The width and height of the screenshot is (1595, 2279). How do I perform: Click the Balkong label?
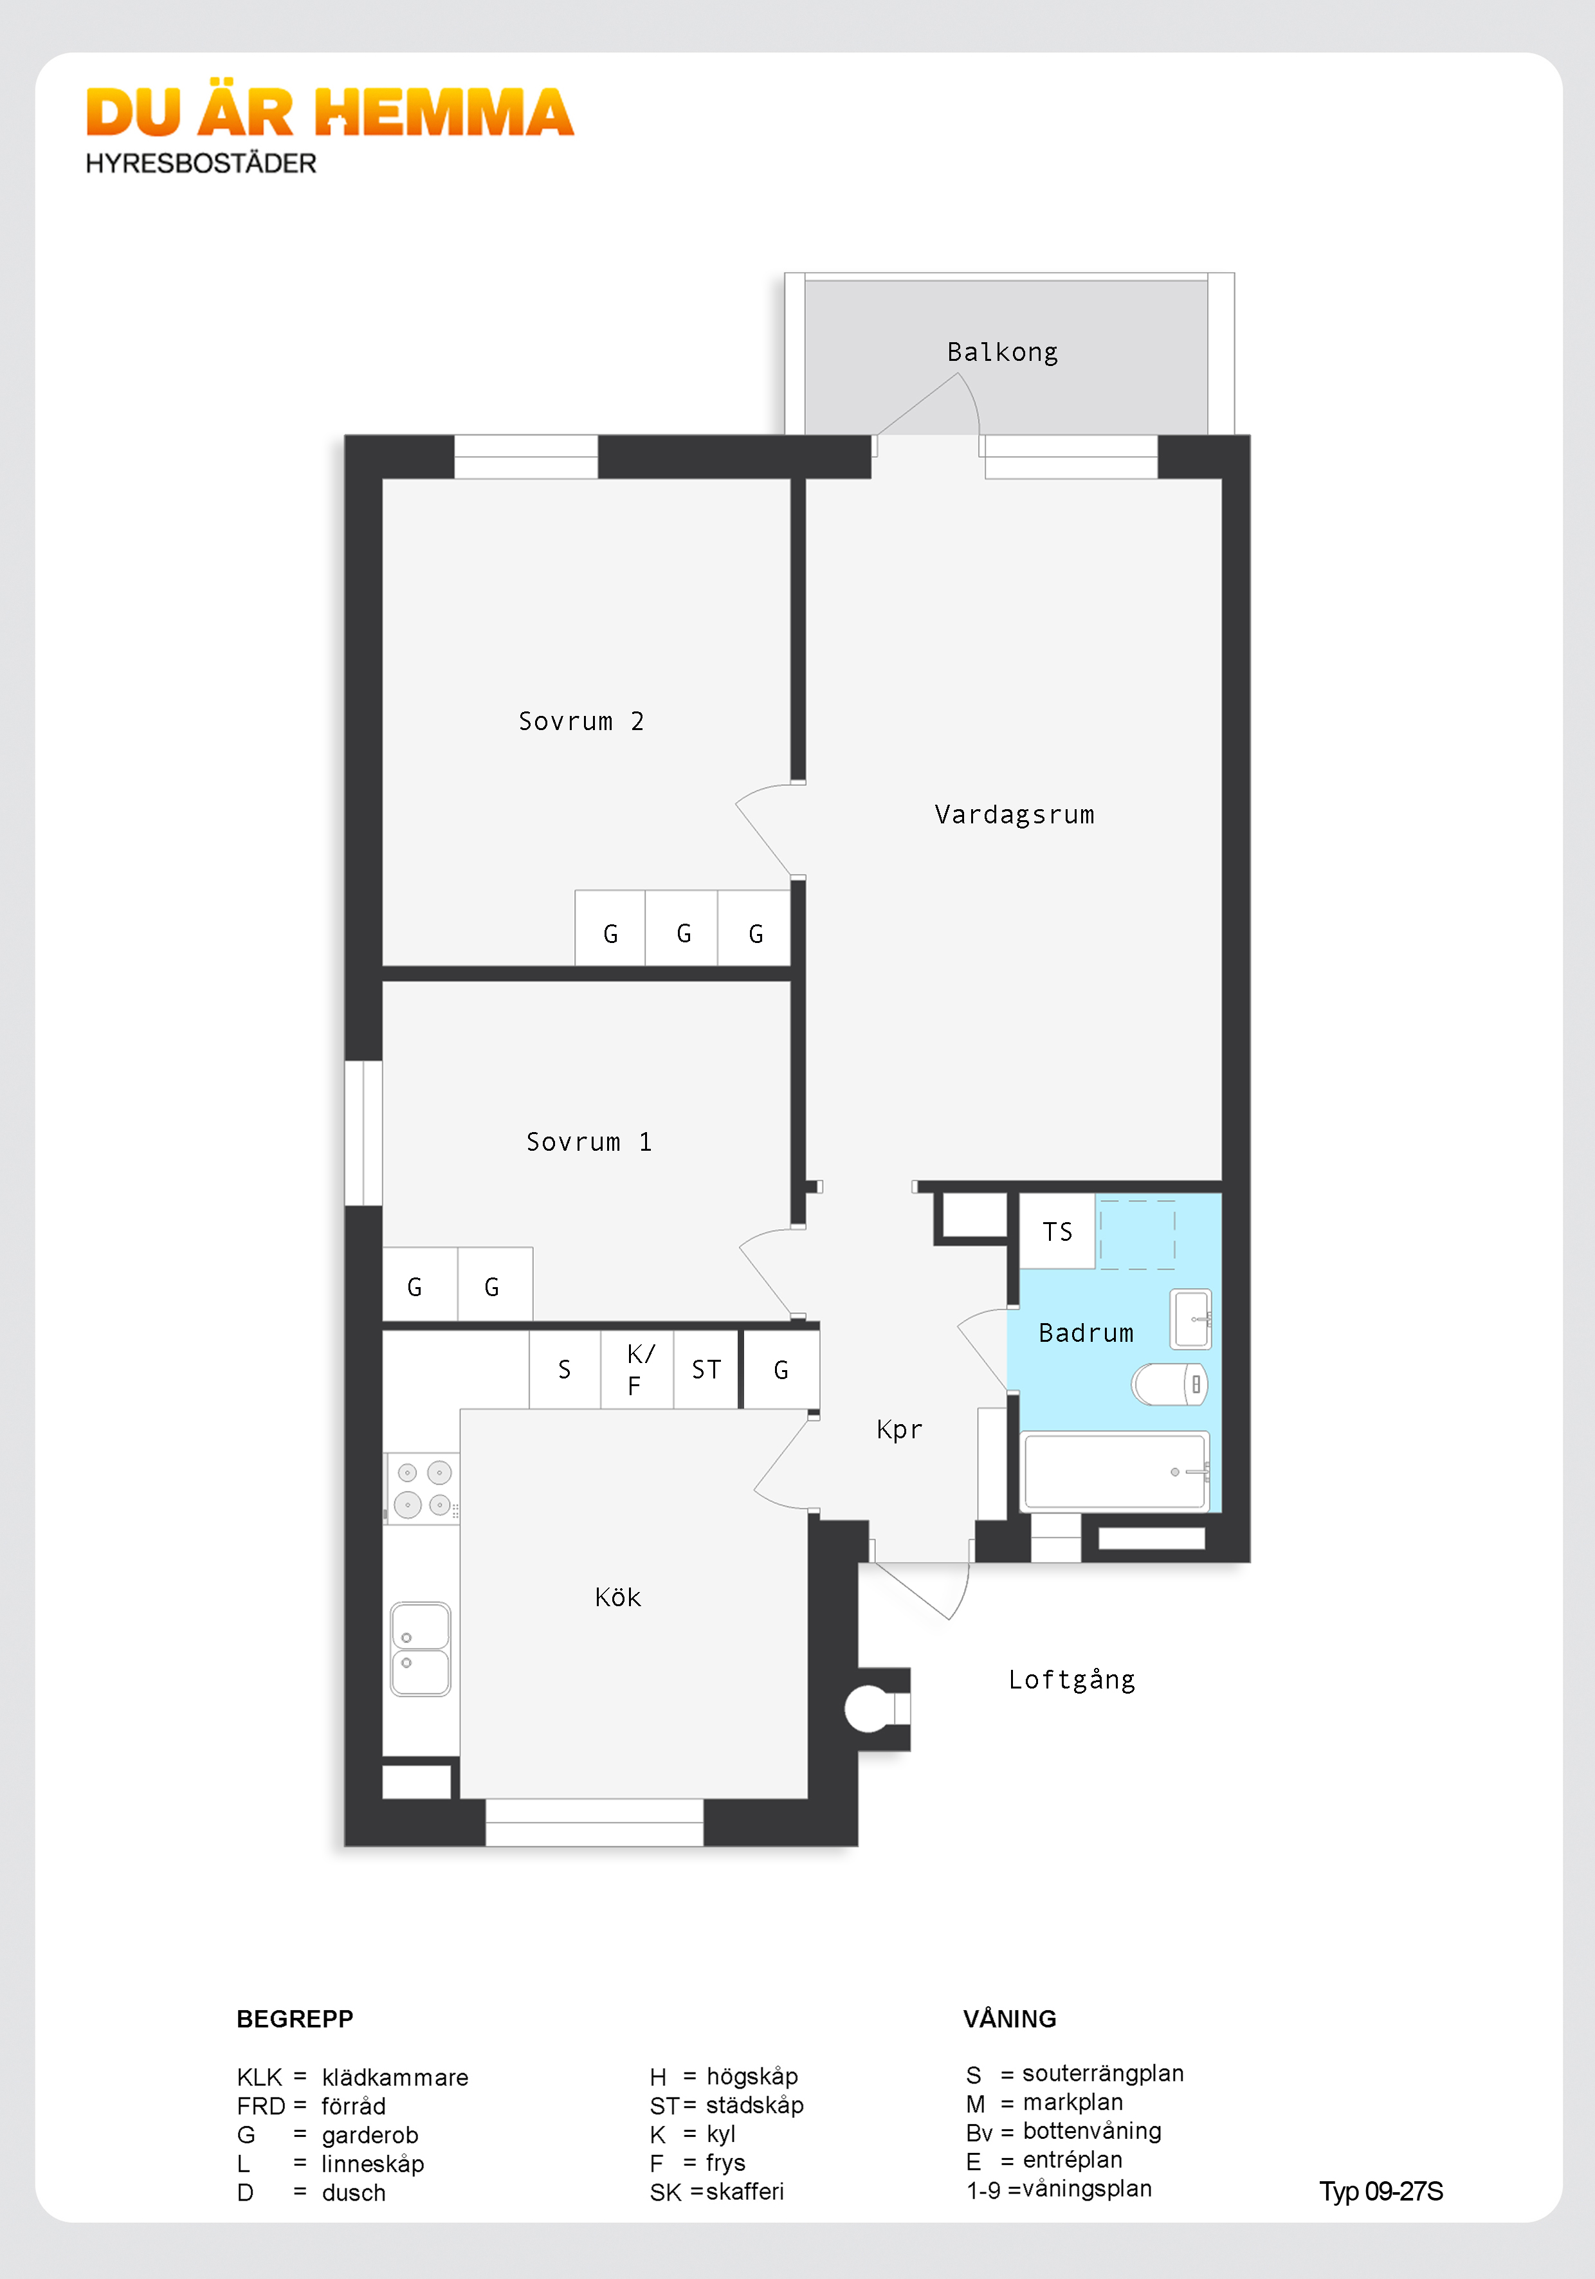(x=1003, y=352)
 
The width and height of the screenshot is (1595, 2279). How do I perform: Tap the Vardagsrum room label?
(x=1014, y=815)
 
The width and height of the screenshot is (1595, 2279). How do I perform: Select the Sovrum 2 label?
(x=581, y=722)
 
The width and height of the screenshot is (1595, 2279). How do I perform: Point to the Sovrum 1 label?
(x=588, y=1142)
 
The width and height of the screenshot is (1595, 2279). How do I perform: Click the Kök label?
(x=617, y=1597)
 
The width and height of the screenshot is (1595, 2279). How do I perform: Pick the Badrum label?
(x=1086, y=1333)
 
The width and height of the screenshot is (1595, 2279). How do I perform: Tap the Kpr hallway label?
(x=899, y=1429)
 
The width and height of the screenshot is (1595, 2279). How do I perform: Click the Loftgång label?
(x=1072, y=1680)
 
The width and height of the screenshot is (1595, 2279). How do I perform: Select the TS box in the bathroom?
(x=1058, y=1232)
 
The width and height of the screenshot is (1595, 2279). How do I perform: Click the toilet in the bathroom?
(x=1170, y=1384)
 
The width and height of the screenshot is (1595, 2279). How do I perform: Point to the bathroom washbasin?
(x=1191, y=1319)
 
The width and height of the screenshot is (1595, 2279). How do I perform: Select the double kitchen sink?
(x=421, y=1649)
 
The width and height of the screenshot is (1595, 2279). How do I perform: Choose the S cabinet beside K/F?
(x=565, y=1370)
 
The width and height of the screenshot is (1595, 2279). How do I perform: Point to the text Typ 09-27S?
(x=1381, y=2192)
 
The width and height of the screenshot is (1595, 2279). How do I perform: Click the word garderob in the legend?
(x=370, y=2135)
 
